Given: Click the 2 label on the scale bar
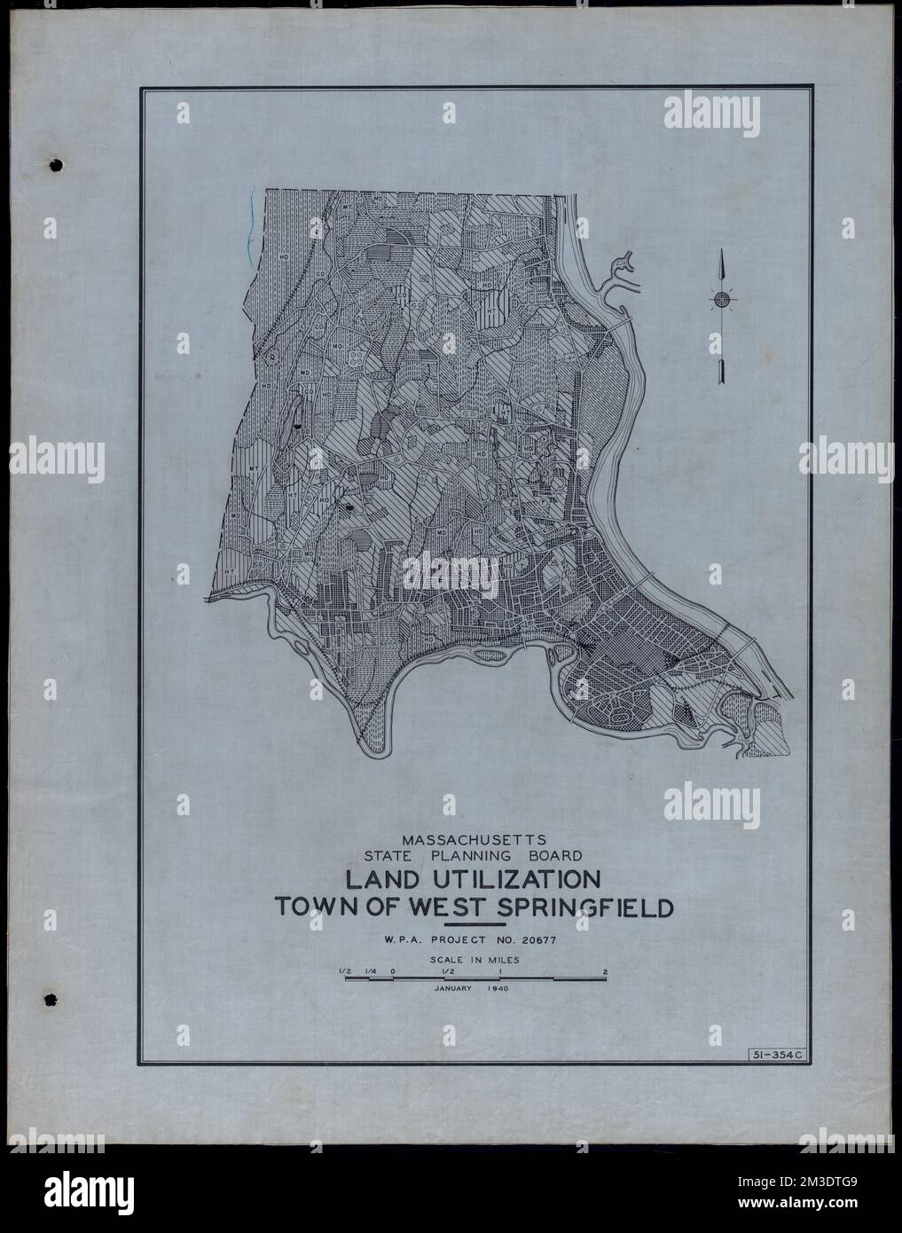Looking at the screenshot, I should tap(605, 971).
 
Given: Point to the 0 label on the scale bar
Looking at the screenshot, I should tap(392, 971).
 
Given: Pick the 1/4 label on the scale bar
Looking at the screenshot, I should tap(369, 971).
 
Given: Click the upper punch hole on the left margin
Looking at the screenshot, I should tap(57, 166).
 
